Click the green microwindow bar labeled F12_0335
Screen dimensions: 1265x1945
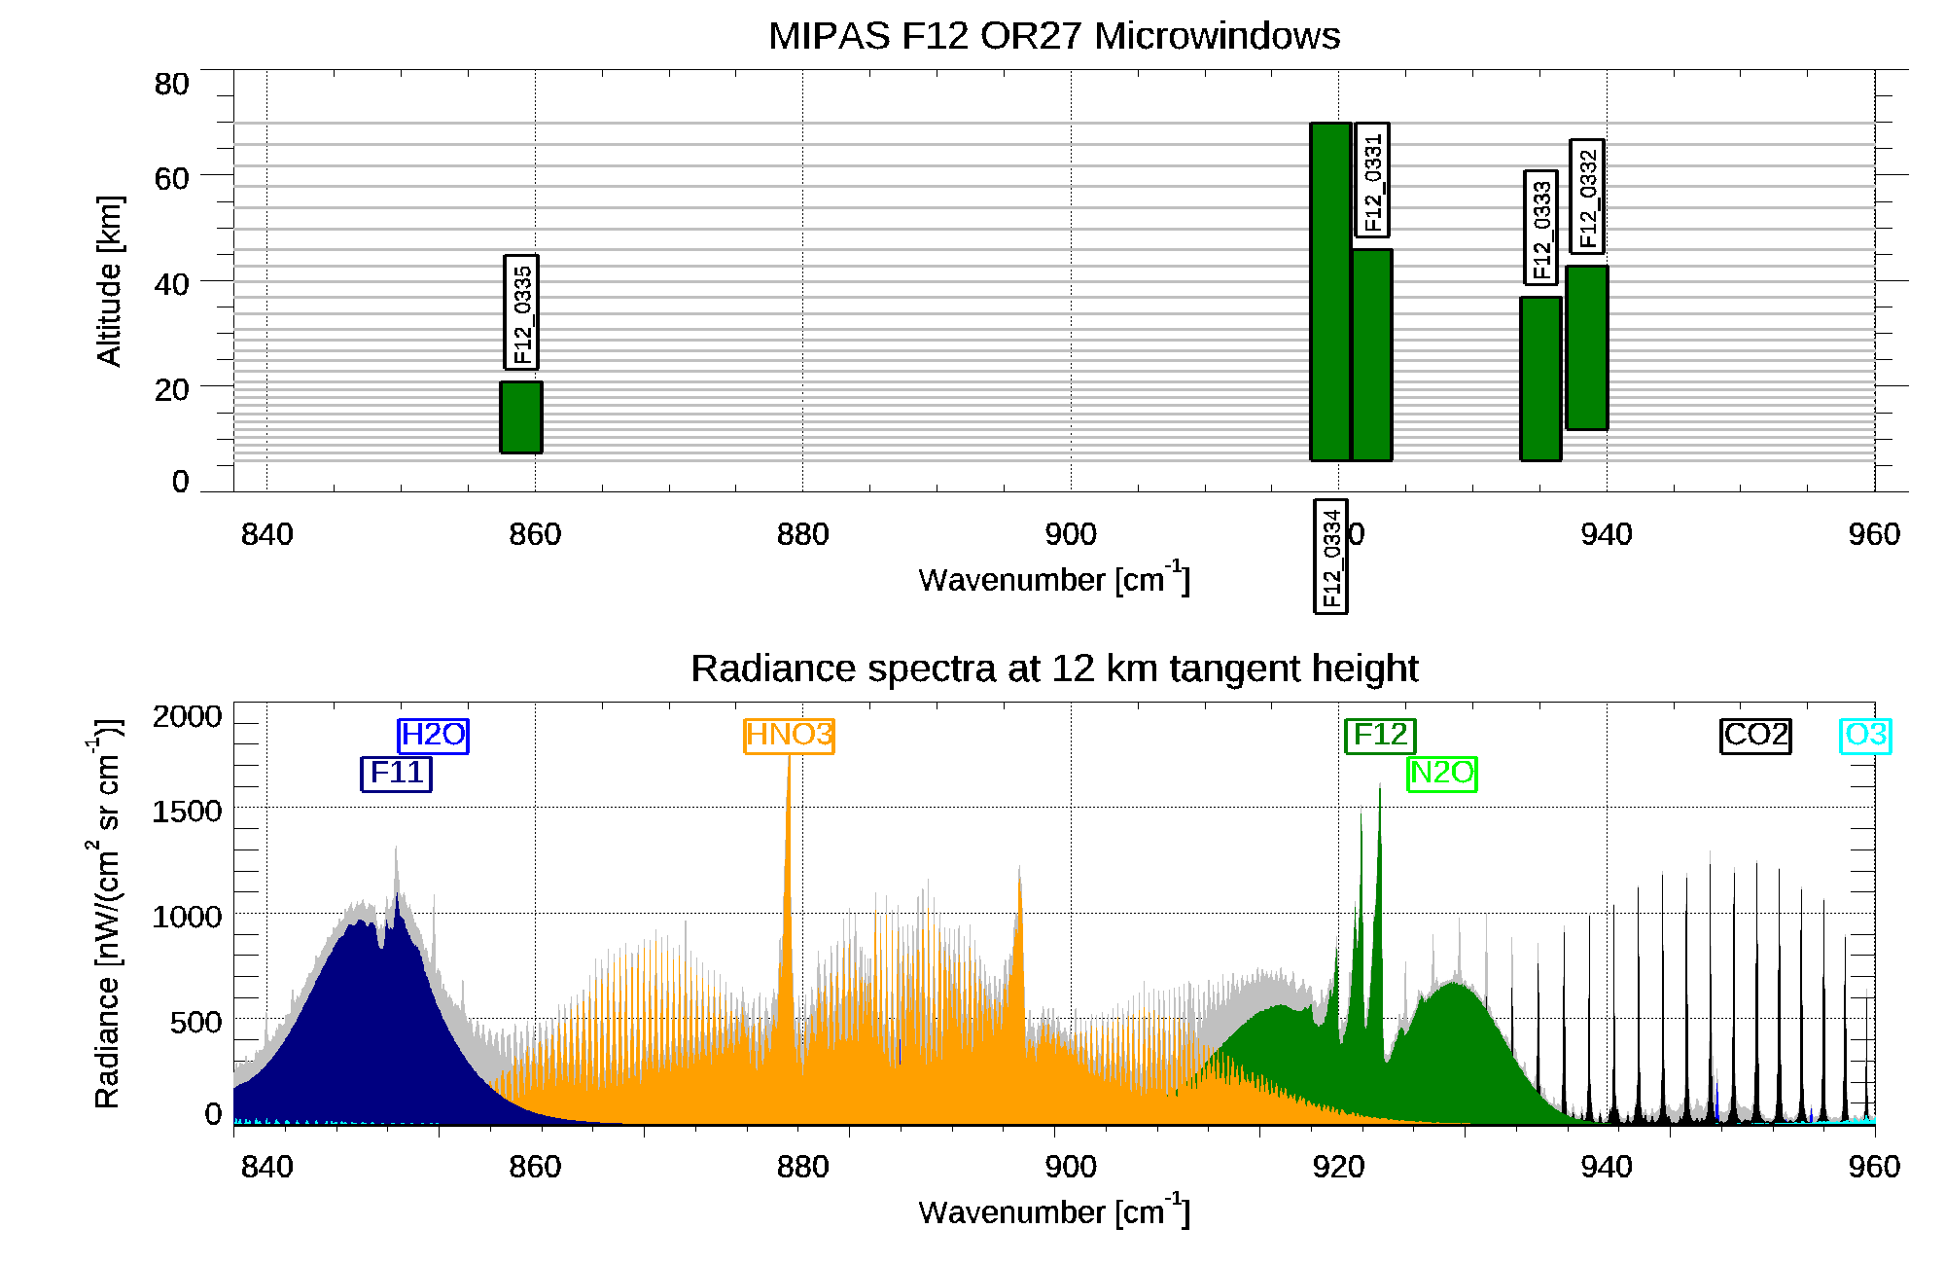(521, 417)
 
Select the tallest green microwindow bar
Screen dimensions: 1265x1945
(1330, 291)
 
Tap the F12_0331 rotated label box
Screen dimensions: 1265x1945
(1372, 180)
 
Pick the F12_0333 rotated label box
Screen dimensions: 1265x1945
(1540, 228)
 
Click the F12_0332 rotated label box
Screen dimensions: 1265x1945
(1587, 197)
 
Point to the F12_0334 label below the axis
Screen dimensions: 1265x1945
(1330, 556)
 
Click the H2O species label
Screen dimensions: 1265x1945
(433, 736)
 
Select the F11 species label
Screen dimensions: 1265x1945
(396, 774)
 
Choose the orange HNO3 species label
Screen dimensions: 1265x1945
(789, 736)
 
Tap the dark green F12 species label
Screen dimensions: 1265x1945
(1380, 736)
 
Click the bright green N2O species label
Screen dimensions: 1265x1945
(1442, 774)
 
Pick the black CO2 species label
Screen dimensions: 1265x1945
(1755, 736)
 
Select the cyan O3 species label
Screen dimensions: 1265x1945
(1865, 736)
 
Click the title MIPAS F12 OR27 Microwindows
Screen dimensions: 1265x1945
(1054, 36)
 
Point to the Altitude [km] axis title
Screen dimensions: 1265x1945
(109, 280)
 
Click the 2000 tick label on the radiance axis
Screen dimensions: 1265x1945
(187, 717)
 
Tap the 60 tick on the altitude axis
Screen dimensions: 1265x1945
(171, 178)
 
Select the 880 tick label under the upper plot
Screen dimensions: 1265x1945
(802, 534)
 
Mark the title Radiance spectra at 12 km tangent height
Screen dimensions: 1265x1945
(1054, 669)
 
